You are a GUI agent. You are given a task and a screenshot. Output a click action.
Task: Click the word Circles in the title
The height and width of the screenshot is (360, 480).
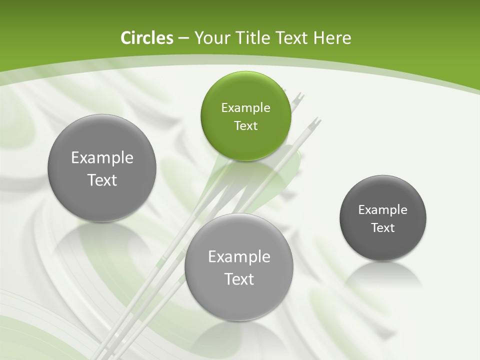tap(147, 38)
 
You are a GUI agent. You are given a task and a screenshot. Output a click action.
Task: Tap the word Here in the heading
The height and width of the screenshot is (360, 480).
tap(332, 38)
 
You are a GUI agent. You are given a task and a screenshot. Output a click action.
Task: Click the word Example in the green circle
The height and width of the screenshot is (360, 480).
tap(245, 107)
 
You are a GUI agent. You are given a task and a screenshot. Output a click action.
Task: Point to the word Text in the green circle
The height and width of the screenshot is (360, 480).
tap(245, 125)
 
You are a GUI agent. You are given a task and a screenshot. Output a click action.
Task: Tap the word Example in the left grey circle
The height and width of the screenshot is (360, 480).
tap(102, 158)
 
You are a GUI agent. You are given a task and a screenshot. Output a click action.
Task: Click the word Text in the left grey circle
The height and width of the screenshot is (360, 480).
tap(102, 180)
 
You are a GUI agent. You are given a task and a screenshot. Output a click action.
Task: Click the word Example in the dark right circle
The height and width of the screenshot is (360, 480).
tap(383, 209)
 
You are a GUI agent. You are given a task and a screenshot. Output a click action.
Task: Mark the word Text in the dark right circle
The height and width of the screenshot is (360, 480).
tap(383, 227)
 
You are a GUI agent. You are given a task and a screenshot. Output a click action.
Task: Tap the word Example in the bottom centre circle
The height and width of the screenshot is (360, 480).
tap(239, 257)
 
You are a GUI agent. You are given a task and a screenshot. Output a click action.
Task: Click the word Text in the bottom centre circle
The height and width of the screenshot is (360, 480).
tap(239, 279)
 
